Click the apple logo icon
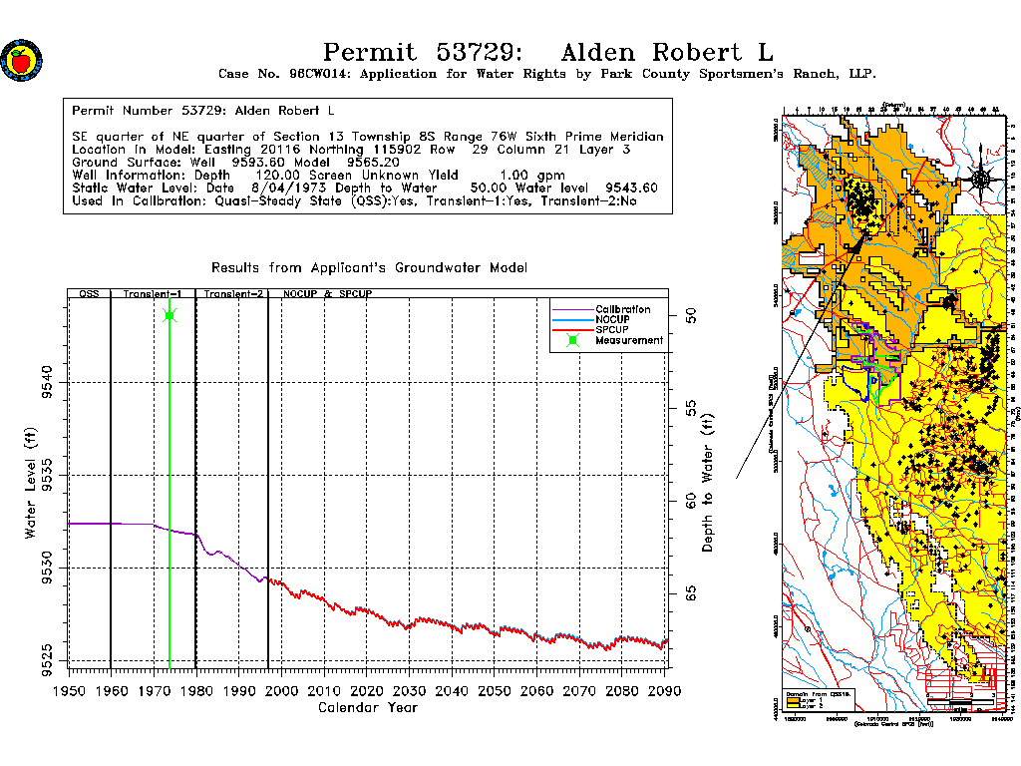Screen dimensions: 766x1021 click(x=21, y=60)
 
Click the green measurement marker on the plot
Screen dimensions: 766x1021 click(x=170, y=316)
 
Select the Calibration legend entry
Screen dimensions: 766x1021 click(x=622, y=309)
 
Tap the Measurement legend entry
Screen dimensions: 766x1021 click(x=628, y=340)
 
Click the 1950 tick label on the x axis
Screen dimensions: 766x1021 click(x=69, y=691)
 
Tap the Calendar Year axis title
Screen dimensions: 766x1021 click(x=367, y=708)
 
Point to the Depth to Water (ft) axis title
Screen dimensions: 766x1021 click(x=708, y=484)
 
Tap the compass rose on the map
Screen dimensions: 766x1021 click(x=980, y=179)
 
